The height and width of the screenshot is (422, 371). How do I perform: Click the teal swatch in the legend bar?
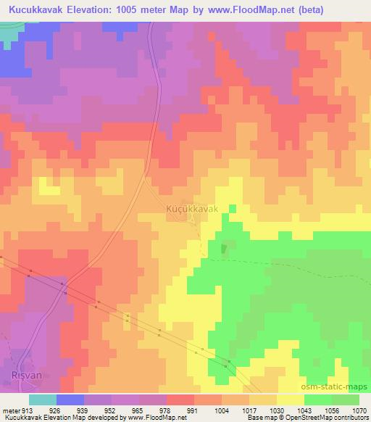42,400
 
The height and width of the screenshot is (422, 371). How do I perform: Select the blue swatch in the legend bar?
70,400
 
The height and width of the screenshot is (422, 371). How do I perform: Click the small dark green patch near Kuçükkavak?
223,249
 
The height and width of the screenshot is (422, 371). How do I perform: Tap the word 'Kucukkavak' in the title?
35,10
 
